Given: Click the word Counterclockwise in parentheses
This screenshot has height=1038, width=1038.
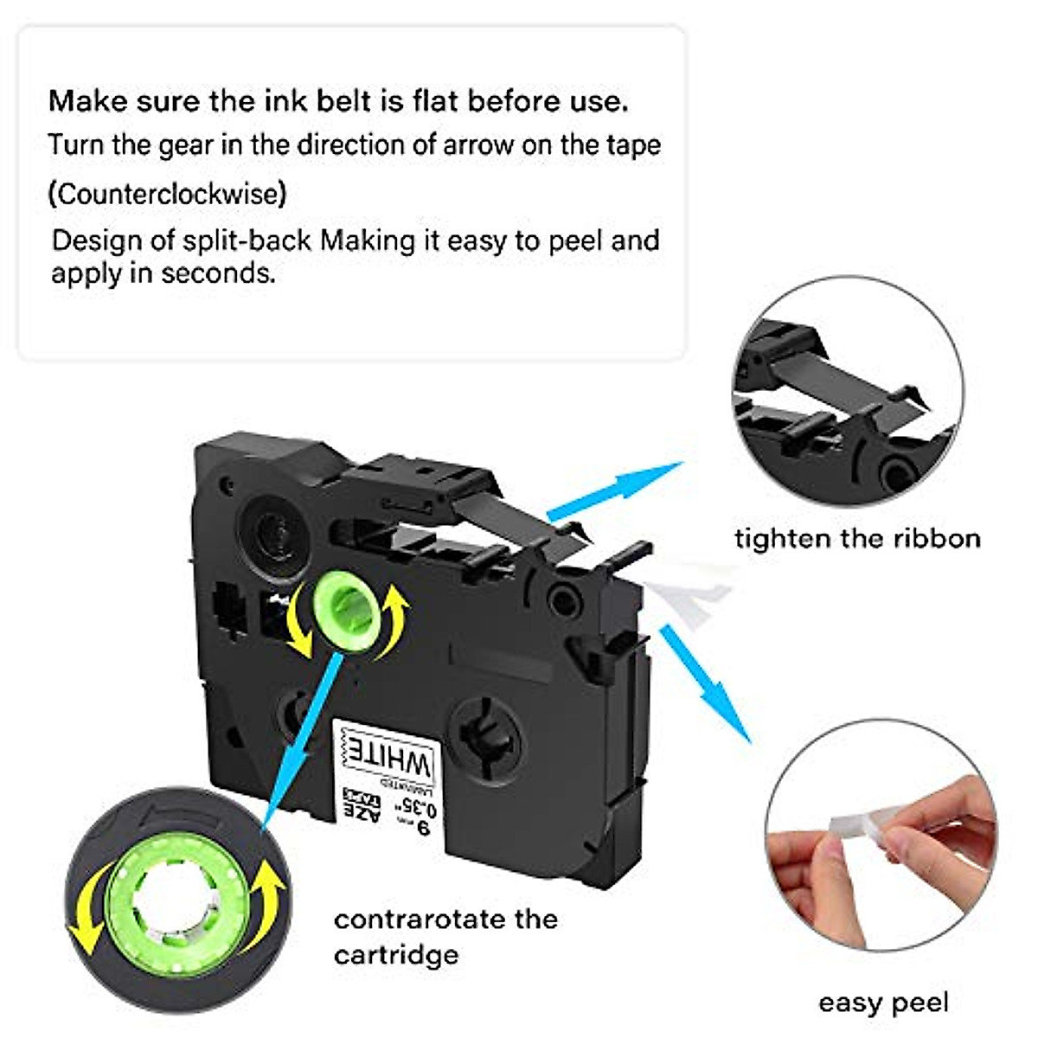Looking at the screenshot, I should (167, 194).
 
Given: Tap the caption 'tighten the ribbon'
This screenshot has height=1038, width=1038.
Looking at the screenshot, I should (857, 539).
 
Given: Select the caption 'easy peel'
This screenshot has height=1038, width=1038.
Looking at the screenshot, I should (883, 1003).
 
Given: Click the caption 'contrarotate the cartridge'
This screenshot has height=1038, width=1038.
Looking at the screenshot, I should (445, 936).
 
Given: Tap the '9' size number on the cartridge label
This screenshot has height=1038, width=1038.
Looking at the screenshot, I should (423, 830).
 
